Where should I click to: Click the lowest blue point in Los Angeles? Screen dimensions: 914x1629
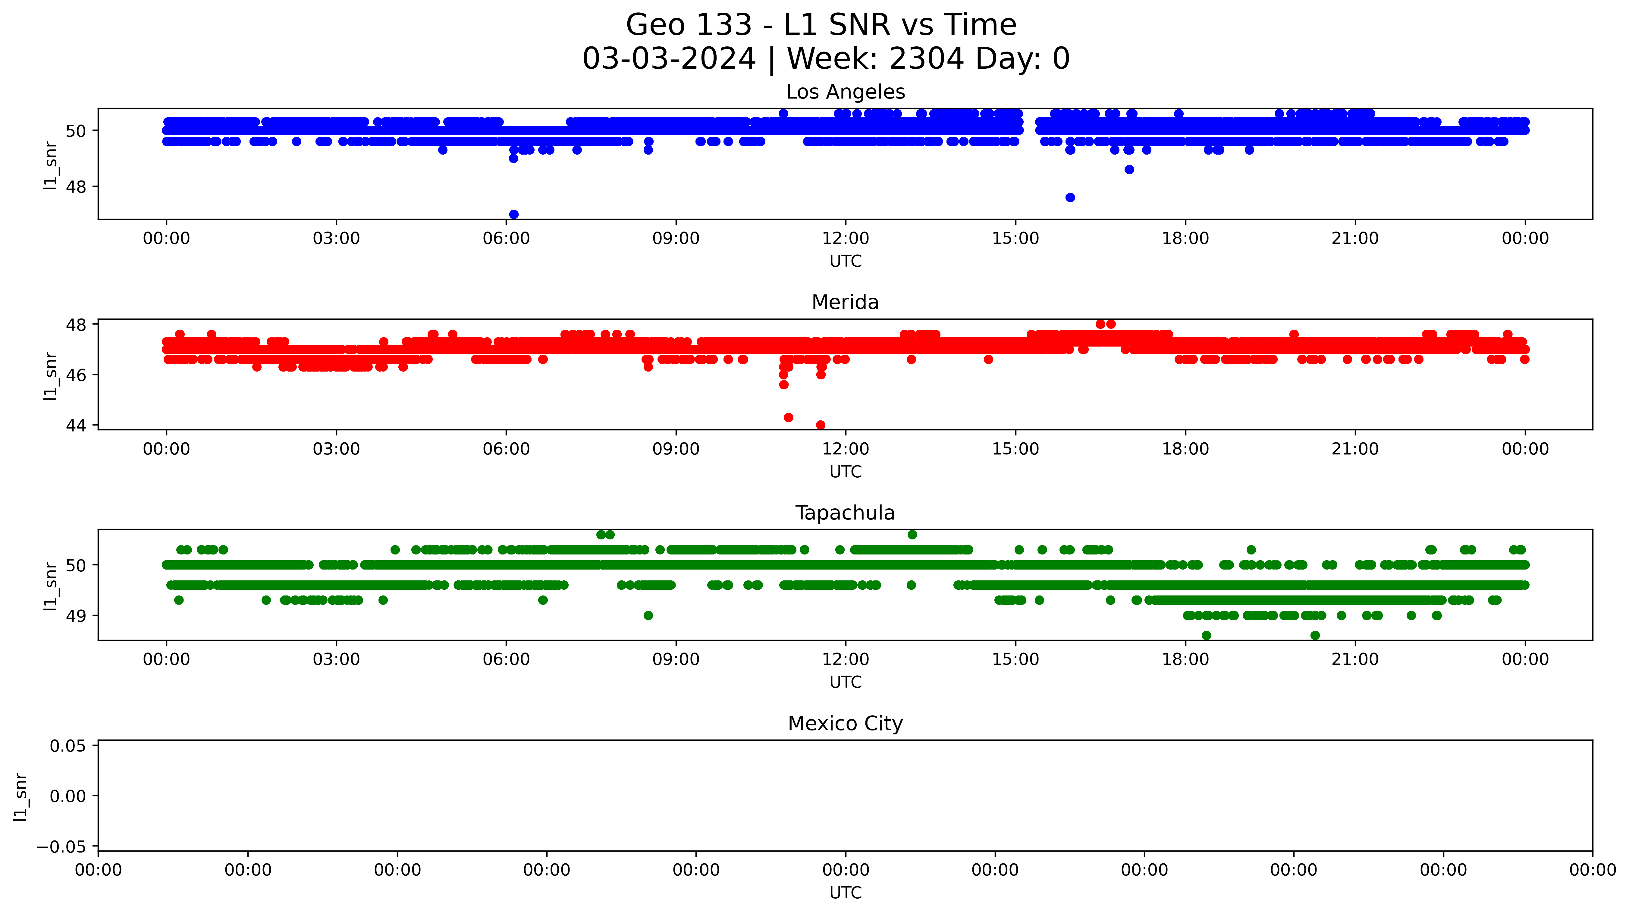click(513, 215)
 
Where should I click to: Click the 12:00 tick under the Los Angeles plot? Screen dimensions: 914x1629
click(846, 238)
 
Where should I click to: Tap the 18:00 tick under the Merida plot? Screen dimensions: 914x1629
click(1185, 449)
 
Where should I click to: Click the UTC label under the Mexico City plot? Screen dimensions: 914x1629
click(846, 893)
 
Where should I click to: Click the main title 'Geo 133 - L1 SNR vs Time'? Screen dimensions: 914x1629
click(821, 25)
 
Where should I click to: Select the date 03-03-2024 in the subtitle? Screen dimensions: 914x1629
click(669, 59)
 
